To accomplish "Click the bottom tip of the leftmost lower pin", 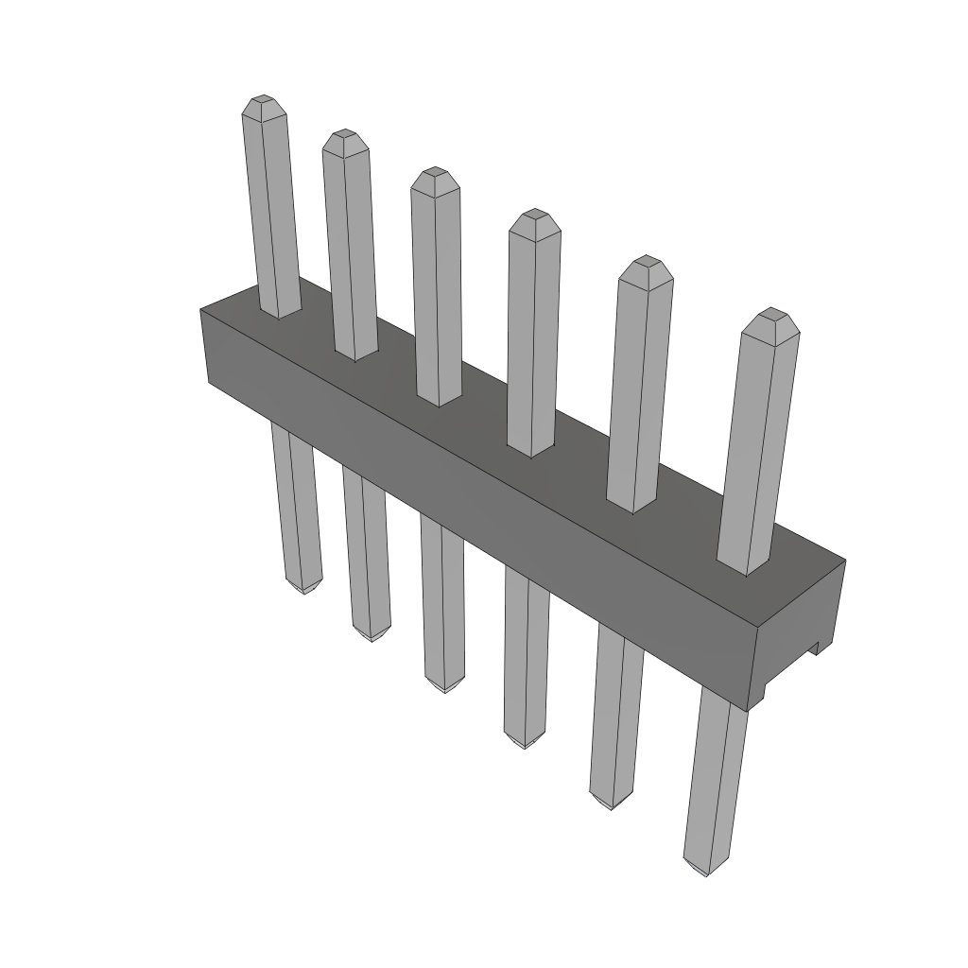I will coord(305,590).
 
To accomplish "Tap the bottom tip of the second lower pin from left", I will coord(372,638).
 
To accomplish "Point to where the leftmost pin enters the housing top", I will coord(280,315).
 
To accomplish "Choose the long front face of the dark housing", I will coord(473,510).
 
